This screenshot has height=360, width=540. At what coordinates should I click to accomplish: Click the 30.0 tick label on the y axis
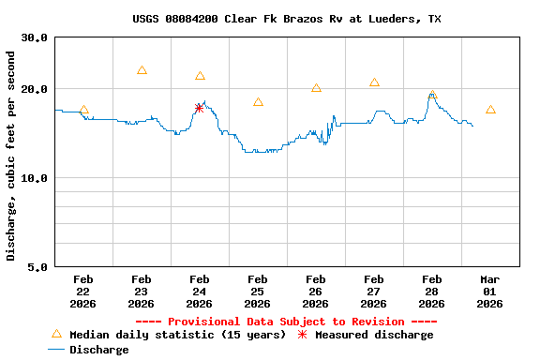click(x=35, y=37)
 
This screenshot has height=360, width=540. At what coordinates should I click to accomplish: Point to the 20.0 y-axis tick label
click(x=35, y=89)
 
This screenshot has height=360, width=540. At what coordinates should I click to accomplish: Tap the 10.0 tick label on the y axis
click(x=35, y=178)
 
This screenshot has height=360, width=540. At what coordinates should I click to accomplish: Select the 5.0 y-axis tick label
click(x=38, y=267)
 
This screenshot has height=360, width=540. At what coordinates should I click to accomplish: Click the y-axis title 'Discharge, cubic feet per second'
click(x=11, y=156)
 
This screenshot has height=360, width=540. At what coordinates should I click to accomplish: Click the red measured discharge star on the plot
click(x=199, y=108)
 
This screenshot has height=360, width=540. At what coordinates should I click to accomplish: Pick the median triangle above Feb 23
click(x=142, y=70)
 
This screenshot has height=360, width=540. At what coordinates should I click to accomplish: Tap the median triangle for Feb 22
click(x=83, y=111)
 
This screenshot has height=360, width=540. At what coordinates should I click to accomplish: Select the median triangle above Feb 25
click(x=258, y=102)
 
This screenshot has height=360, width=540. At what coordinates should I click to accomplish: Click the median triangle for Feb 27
click(x=374, y=82)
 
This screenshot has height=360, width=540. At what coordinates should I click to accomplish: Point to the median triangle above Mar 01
click(x=490, y=111)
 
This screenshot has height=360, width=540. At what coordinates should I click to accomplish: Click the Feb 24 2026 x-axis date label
click(x=199, y=292)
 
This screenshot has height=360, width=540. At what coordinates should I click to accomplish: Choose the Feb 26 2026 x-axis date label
click(x=315, y=292)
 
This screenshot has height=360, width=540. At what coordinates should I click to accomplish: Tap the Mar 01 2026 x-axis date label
click(x=490, y=292)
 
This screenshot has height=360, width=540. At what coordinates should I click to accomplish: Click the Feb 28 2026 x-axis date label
click(x=431, y=292)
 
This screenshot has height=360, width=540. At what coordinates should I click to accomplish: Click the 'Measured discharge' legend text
click(x=374, y=335)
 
